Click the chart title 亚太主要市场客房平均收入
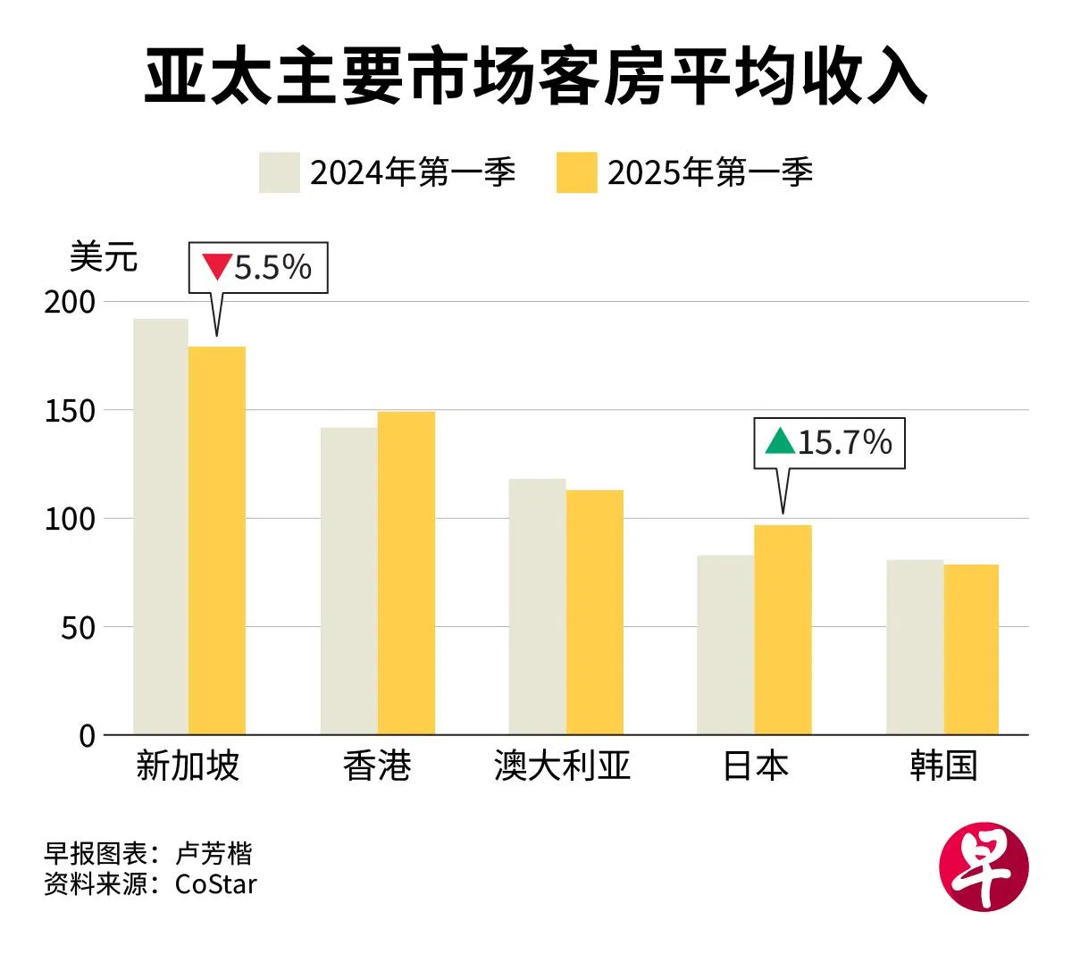click(x=535, y=79)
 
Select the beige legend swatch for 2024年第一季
click(x=279, y=172)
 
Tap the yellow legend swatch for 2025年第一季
click(x=576, y=172)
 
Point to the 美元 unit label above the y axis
click(x=104, y=257)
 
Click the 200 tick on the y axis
click(x=70, y=302)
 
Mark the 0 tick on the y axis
click(x=87, y=735)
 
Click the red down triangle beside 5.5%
click(x=216, y=266)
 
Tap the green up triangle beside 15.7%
click(x=780, y=441)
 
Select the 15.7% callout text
click(x=844, y=442)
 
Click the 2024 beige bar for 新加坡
click(x=161, y=527)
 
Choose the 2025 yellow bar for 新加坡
click(x=217, y=540)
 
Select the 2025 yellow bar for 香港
click(x=406, y=573)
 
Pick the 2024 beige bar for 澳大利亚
click(x=537, y=607)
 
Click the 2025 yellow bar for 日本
click(x=783, y=630)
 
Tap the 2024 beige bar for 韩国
click(x=915, y=647)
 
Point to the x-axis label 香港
click(x=377, y=766)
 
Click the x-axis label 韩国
click(x=943, y=766)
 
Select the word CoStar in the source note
click(x=216, y=883)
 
